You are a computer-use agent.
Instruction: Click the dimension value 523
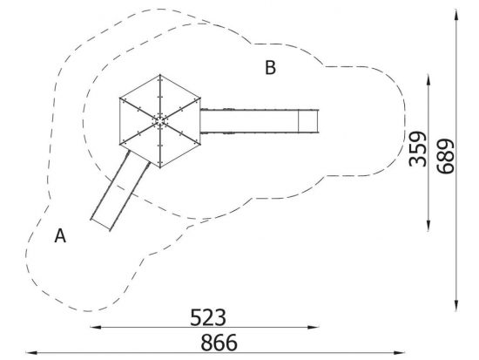tap(208, 317)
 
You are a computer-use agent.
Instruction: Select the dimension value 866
tap(219, 343)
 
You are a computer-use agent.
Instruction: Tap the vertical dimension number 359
tap(417, 149)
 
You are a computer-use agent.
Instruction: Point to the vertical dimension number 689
tap(445, 156)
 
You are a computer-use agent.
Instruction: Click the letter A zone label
tap(60, 236)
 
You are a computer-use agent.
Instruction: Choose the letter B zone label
tap(270, 68)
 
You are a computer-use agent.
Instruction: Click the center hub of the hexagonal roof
tap(159, 121)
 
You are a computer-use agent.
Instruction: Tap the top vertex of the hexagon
tap(159, 75)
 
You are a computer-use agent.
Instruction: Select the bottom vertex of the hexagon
tap(160, 167)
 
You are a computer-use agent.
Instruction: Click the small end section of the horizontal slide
tap(308, 121)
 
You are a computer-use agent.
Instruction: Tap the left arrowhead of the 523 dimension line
tap(96, 327)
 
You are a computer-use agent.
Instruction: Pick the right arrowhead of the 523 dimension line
tap(314, 327)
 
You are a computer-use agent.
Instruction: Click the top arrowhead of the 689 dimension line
tap(456, 15)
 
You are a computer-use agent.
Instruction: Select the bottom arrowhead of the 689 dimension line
tap(456, 305)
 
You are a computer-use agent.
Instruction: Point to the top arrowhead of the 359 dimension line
tap(428, 80)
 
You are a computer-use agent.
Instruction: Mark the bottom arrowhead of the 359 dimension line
tap(428, 225)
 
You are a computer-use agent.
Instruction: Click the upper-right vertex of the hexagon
tap(200, 98)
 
